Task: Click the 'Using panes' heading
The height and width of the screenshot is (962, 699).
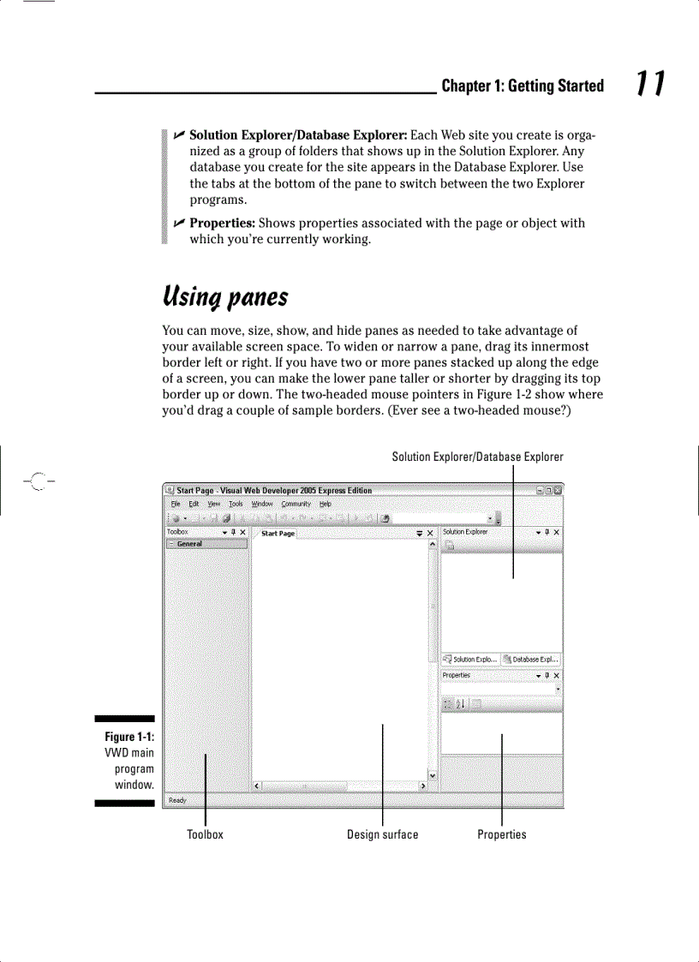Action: click(x=225, y=297)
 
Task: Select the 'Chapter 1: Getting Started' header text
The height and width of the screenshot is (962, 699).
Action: click(x=523, y=86)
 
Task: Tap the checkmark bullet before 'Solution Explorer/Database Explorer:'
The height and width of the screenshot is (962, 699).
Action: click(x=178, y=135)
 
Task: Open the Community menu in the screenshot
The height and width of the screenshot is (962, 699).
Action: click(x=296, y=504)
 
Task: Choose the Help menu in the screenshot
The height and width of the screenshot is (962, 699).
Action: click(x=326, y=504)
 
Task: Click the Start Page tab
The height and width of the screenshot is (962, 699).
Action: click(x=278, y=534)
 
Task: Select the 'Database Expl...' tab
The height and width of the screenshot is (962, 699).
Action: click(x=532, y=660)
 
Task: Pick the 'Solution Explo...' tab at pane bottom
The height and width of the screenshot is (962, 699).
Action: click(x=470, y=660)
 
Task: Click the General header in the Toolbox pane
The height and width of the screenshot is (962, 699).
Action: click(x=190, y=544)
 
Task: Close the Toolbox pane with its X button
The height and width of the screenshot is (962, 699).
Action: click(x=243, y=532)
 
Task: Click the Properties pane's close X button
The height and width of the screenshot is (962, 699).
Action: click(x=557, y=676)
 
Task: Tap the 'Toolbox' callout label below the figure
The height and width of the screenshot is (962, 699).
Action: click(x=205, y=834)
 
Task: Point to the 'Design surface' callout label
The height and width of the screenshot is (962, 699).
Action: click(x=383, y=834)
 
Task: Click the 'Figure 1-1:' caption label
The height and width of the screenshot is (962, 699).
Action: click(x=129, y=738)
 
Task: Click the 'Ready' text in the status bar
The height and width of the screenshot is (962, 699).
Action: click(x=177, y=800)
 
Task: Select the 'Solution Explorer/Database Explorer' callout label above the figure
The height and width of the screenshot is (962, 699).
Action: click(x=477, y=457)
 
